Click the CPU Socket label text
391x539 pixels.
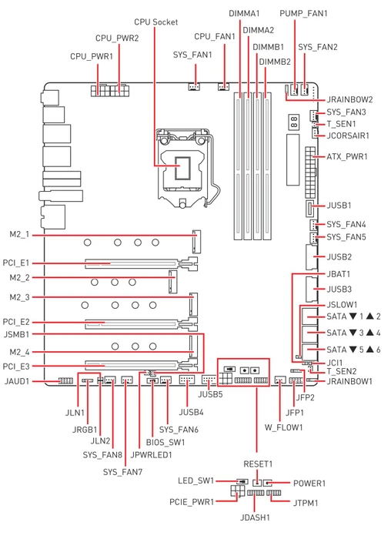click(x=156, y=22)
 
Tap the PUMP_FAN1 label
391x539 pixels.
click(x=303, y=14)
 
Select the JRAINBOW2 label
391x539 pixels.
click(x=349, y=99)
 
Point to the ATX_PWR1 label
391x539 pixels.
click(x=347, y=157)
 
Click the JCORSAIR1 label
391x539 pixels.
click(x=348, y=136)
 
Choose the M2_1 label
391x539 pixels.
click(x=19, y=235)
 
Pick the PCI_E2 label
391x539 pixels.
click(x=16, y=323)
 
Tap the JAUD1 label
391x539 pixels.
click(x=17, y=382)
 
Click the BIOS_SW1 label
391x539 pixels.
click(x=165, y=443)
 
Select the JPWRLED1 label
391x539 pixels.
click(x=151, y=455)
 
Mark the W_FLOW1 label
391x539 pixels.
click(x=283, y=428)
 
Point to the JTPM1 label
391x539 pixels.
click(x=306, y=504)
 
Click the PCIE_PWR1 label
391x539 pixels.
click(x=192, y=503)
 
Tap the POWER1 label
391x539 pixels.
click(x=309, y=484)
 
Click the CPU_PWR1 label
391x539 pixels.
click(x=92, y=57)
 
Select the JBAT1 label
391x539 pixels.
click(x=338, y=275)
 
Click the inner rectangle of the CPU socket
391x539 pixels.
click(x=182, y=169)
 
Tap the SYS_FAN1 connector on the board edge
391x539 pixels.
click(x=194, y=86)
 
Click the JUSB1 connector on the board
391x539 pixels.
click(x=309, y=209)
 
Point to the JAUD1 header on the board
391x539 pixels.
click(x=65, y=381)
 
